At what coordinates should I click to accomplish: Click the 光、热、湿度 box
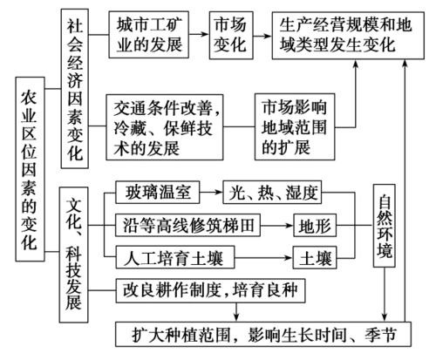[266, 191]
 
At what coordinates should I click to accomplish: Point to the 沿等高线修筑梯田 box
[186, 224]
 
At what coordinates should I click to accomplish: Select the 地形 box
[316, 224]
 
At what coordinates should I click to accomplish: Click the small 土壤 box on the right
[316, 257]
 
